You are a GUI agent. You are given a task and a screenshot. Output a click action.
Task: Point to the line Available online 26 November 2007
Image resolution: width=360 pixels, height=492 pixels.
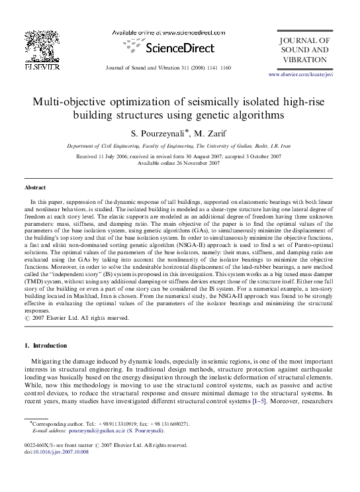[179, 164]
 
